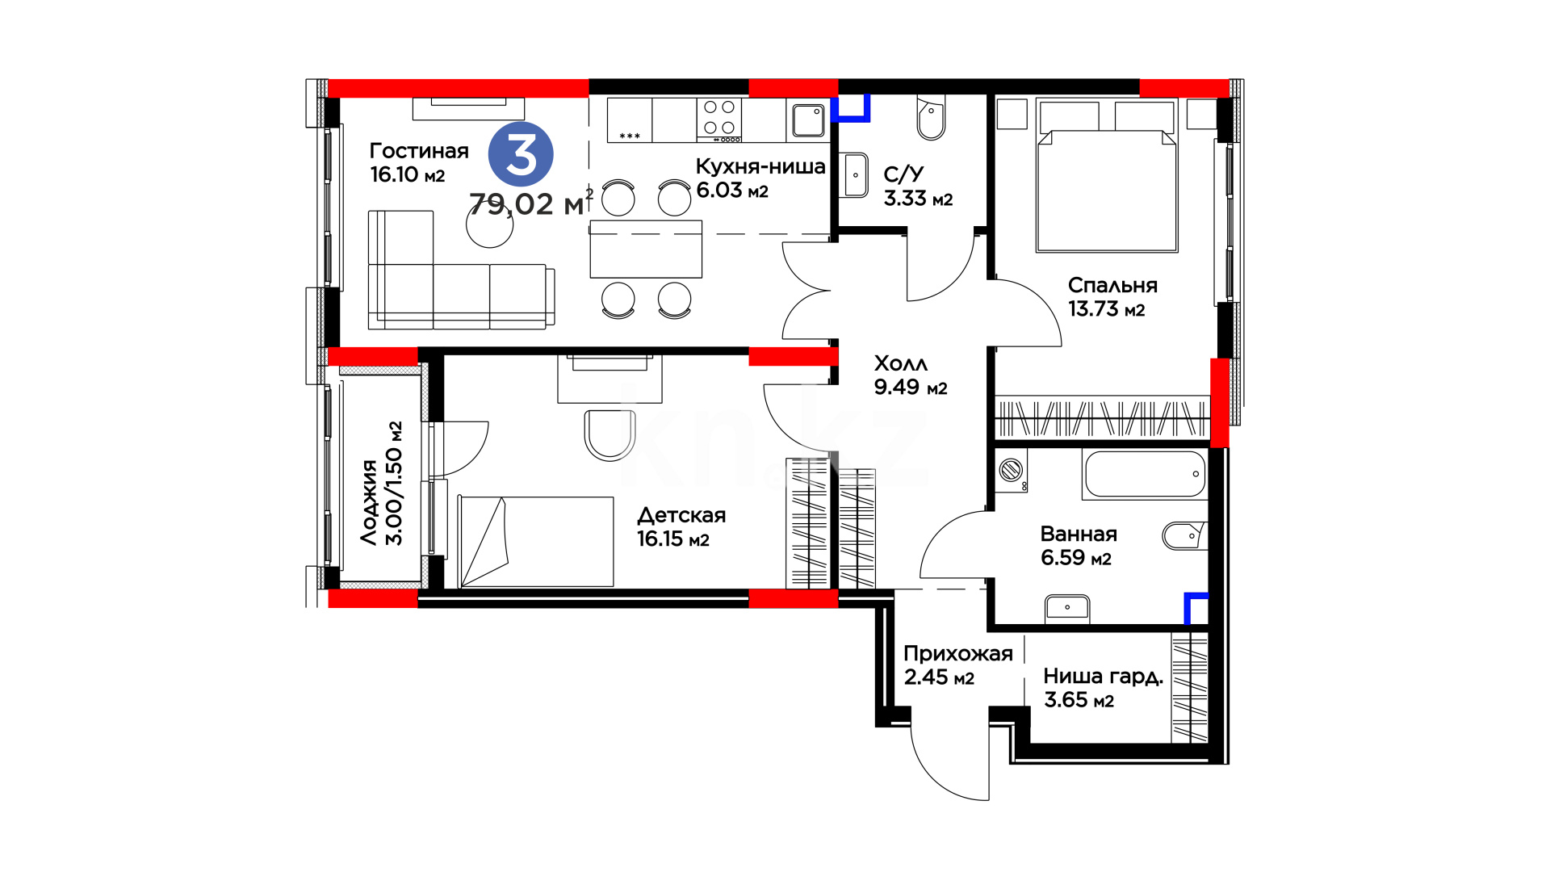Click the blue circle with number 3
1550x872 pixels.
coord(521,153)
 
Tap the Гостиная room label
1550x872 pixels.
coord(418,151)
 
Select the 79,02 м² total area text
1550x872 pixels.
coord(530,203)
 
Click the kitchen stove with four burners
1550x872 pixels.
coord(719,119)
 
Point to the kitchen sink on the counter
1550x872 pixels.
coord(808,120)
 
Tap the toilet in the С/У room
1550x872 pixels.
coord(931,118)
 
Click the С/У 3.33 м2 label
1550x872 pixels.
coord(918,187)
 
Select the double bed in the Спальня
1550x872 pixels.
coord(1107,176)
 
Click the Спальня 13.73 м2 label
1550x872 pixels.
coord(1112,296)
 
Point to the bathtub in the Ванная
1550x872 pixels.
coord(1145,474)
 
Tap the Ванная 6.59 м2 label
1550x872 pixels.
coord(1079,546)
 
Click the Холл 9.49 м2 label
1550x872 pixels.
coord(911,375)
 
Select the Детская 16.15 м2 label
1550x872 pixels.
coord(681,526)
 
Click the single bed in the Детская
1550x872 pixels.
coord(536,541)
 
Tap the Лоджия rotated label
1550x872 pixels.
coord(370,502)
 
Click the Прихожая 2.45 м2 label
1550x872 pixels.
coord(957,664)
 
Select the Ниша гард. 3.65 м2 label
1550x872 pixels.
coord(1103,687)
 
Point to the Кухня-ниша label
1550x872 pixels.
coord(760,166)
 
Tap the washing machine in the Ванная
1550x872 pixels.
coord(1012,470)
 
